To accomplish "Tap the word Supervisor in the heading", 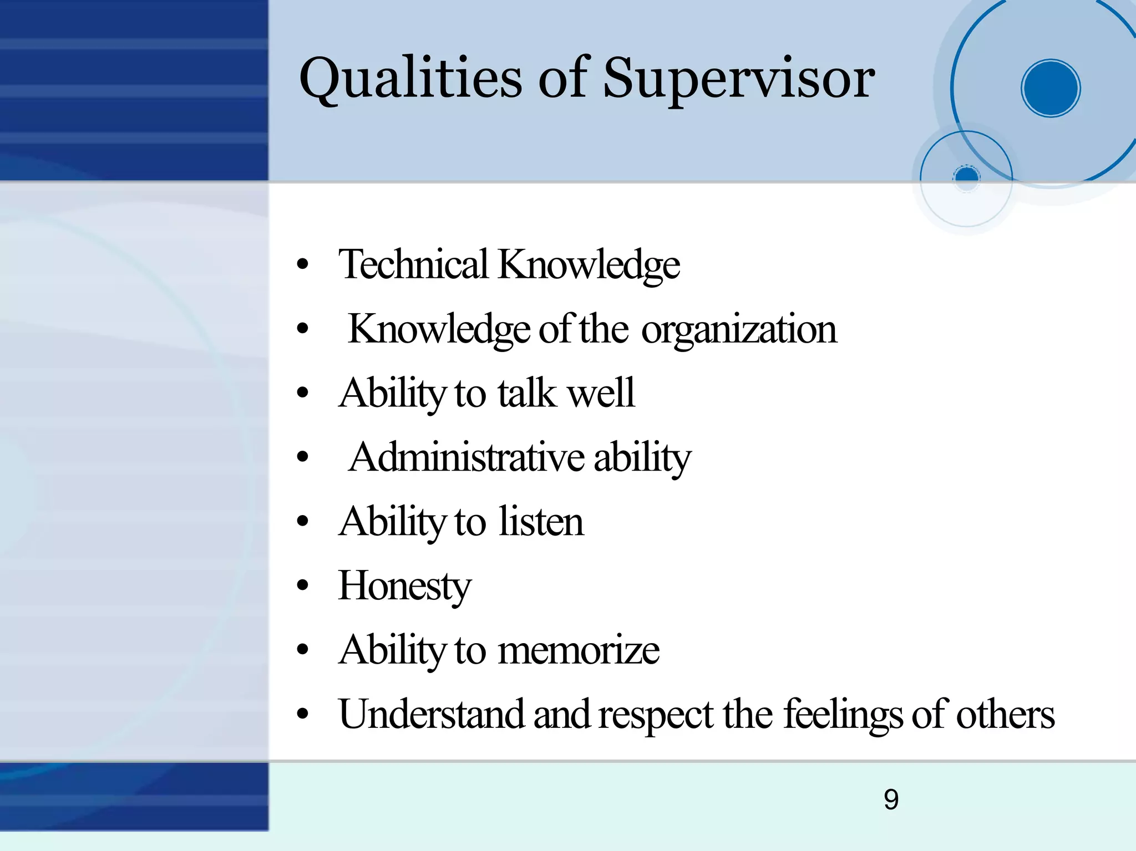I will [x=739, y=79].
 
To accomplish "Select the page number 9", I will [x=891, y=799].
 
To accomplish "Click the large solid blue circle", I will [x=1051, y=88].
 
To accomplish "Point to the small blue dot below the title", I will [x=967, y=176].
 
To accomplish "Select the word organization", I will [x=739, y=329].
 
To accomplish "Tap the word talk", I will [x=526, y=393].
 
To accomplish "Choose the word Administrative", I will [x=466, y=457].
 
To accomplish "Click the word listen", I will [x=541, y=522].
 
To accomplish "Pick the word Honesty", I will [x=405, y=586].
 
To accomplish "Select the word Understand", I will [x=432, y=714].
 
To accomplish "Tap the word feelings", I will [x=843, y=714].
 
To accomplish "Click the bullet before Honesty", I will [x=302, y=586].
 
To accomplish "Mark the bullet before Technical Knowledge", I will [x=302, y=264].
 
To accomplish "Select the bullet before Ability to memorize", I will [x=302, y=650].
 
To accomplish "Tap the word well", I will [x=601, y=393].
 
